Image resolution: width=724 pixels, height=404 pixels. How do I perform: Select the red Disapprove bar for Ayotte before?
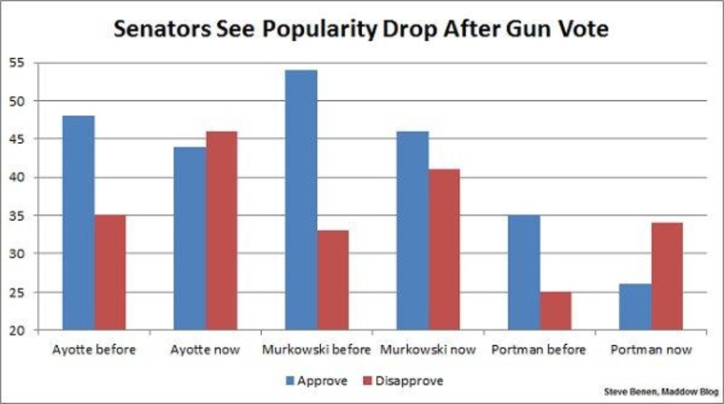(110, 273)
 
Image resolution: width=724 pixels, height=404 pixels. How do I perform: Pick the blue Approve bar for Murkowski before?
(302, 200)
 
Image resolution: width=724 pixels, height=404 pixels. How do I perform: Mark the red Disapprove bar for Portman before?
(555, 311)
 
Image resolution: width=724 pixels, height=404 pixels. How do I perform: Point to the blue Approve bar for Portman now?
(635, 307)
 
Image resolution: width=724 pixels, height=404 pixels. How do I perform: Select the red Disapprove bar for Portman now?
(667, 276)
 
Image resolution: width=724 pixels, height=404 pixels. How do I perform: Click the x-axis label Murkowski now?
(429, 350)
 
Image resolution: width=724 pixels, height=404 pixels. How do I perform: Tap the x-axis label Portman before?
(539, 350)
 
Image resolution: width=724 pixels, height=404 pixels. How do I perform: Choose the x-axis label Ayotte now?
(206, 350)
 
